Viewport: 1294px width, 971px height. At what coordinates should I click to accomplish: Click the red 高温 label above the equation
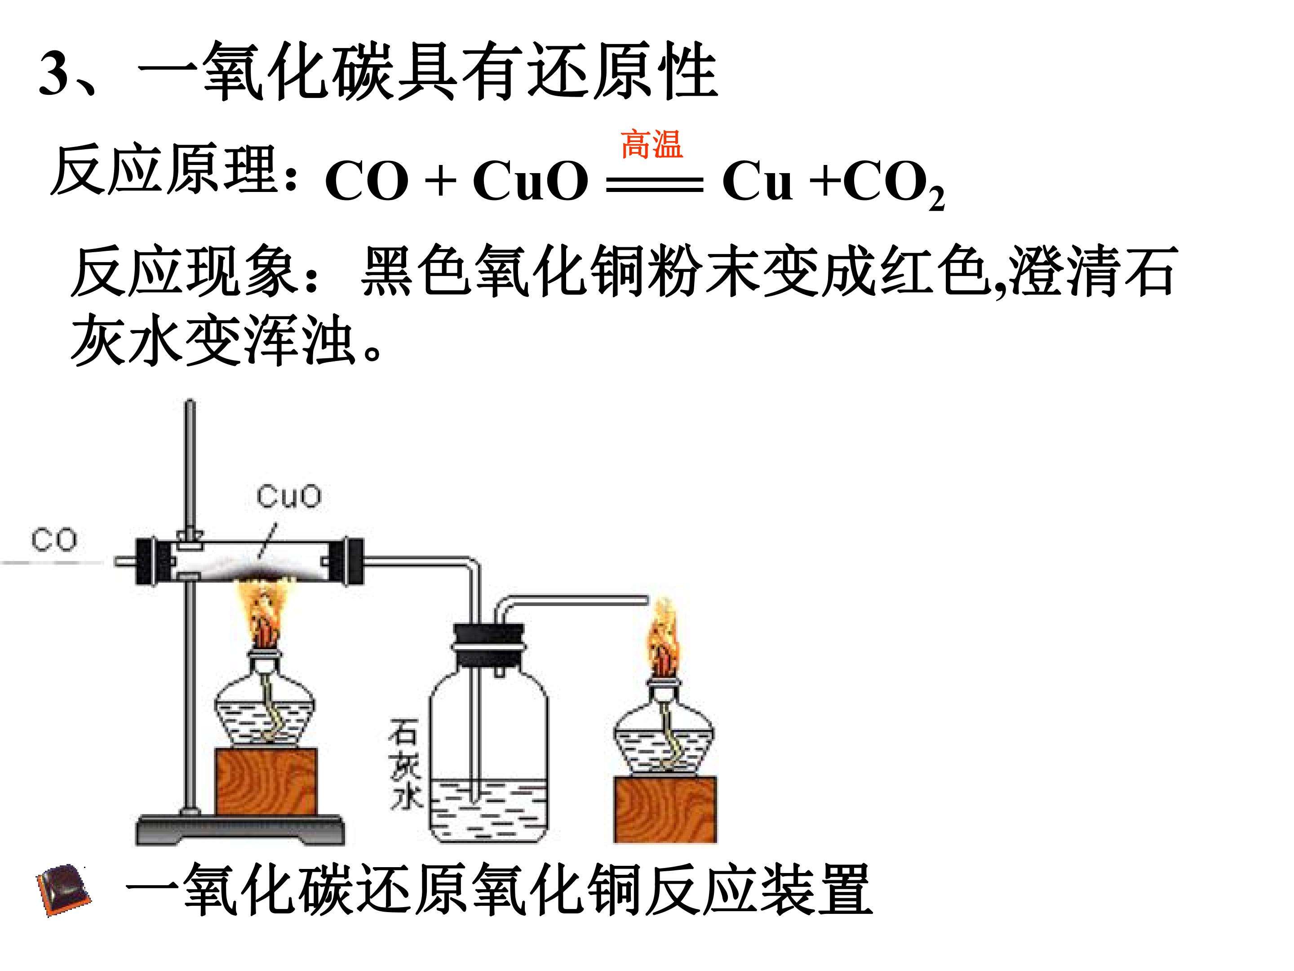click(x=651, y=145)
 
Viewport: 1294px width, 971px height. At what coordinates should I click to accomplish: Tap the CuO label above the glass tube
click(x=288, y=496)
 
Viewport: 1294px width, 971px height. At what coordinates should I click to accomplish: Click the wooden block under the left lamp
click(x=266, y=781)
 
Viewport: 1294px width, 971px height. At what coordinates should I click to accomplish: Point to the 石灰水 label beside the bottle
click(x=405, y=767)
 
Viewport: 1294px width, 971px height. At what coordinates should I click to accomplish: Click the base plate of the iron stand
click(x=240, y=829)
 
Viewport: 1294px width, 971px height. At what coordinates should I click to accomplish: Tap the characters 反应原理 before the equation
click(x=165, y=171)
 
